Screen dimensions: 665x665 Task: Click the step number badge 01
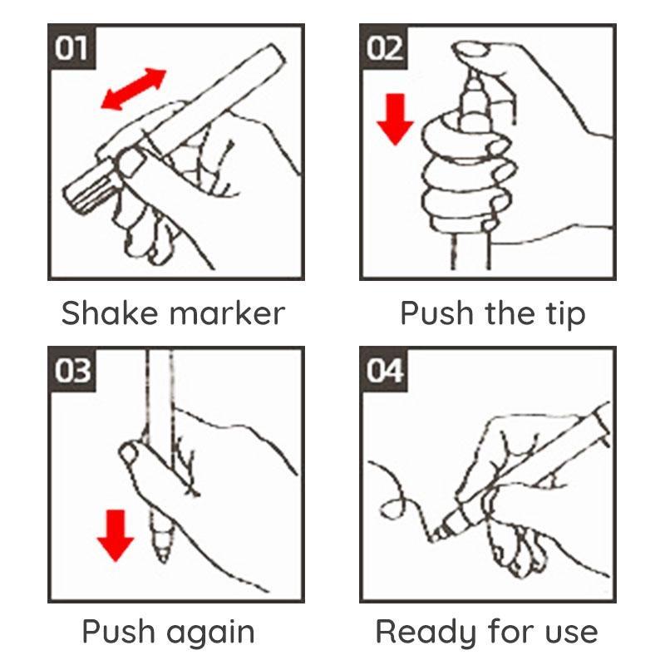click(x=71, y=47)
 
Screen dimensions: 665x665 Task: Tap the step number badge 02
click(x=383, y=47)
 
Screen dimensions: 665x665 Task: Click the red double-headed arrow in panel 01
click(x=134, y=90)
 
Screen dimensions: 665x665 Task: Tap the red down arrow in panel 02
click(x=395, y=120)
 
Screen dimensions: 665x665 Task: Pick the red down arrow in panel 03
click(x=116, y=535)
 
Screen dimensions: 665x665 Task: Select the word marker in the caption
click(x=227, y=313)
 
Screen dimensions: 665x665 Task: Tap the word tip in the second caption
click(x=565, y=315)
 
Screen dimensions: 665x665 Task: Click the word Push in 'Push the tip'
click(x=437, y=313)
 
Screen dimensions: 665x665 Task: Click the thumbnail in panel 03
click(x=128, y=454)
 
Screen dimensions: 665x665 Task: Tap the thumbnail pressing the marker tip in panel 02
click(x=471, y=50)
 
